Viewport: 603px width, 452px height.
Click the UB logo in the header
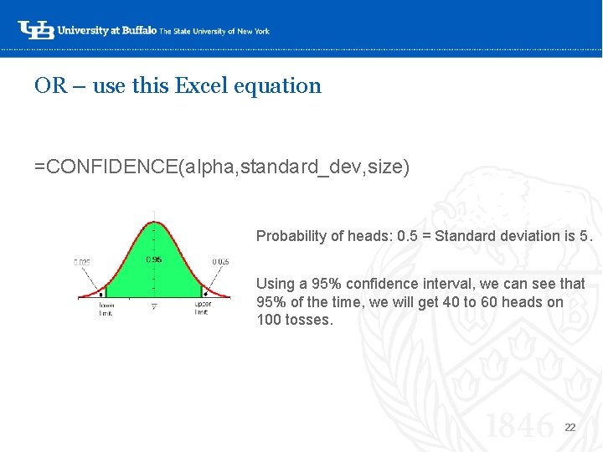[x=34, y=30]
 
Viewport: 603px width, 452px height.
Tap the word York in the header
[x=260, y=31]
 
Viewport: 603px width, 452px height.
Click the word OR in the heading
[x=50, y=85]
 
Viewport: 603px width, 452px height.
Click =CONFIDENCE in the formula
[x=105, y=167]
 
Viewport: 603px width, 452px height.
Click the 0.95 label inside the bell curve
[x=154, y=259]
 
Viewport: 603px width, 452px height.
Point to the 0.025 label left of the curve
[x=82, y=262]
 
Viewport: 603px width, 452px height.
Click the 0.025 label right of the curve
[x=220, y=262]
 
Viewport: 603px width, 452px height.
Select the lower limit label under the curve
[x=107, y=307]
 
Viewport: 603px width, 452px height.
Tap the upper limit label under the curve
[x=202, y=307]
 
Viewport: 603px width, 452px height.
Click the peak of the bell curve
[x=154, y=223]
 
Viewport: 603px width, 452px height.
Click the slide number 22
[x=570, y=428]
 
